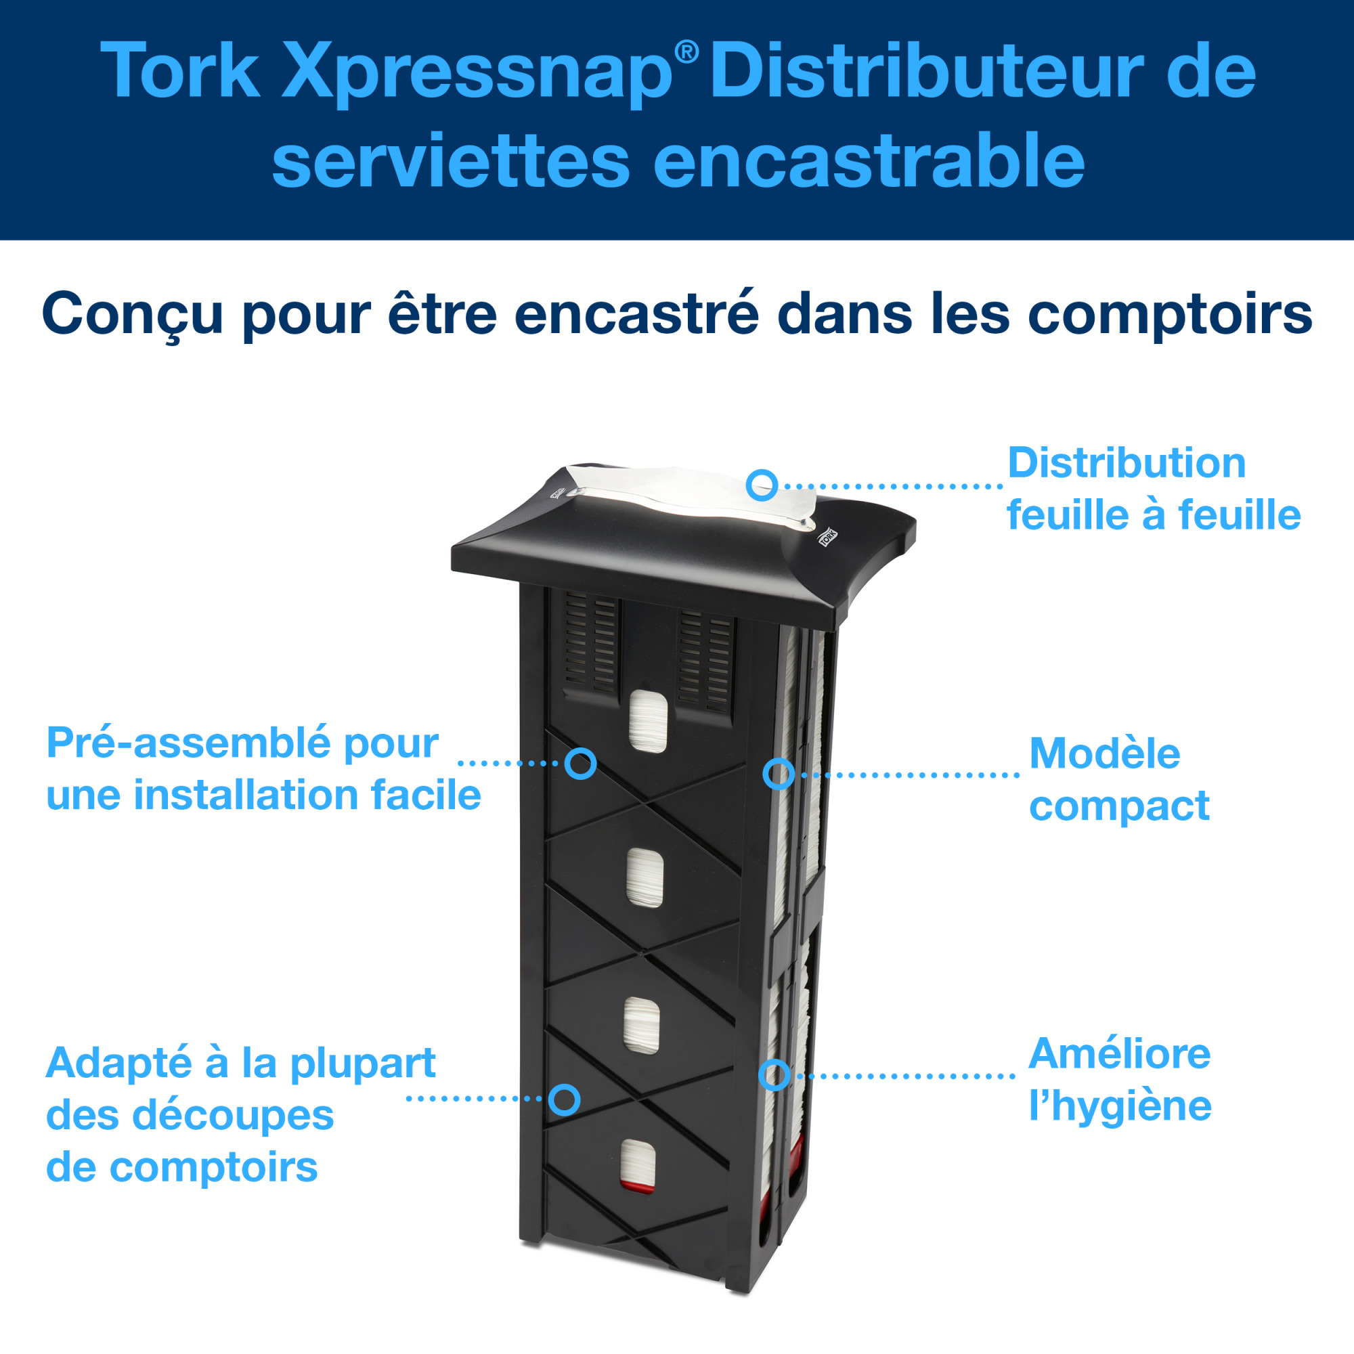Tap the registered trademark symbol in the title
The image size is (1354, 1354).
point(686,52)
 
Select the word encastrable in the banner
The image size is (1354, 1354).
point(869,162)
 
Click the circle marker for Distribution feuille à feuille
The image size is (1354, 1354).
point(762,485)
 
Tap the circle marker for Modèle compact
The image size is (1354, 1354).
point(778,774)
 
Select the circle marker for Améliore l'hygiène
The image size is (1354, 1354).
point(774,1075)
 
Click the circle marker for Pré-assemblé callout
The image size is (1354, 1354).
point(581,763)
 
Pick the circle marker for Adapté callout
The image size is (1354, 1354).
point(564,1099)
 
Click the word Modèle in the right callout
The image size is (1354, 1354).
point(1104,754)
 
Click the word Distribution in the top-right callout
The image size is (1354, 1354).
point(1127,463)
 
